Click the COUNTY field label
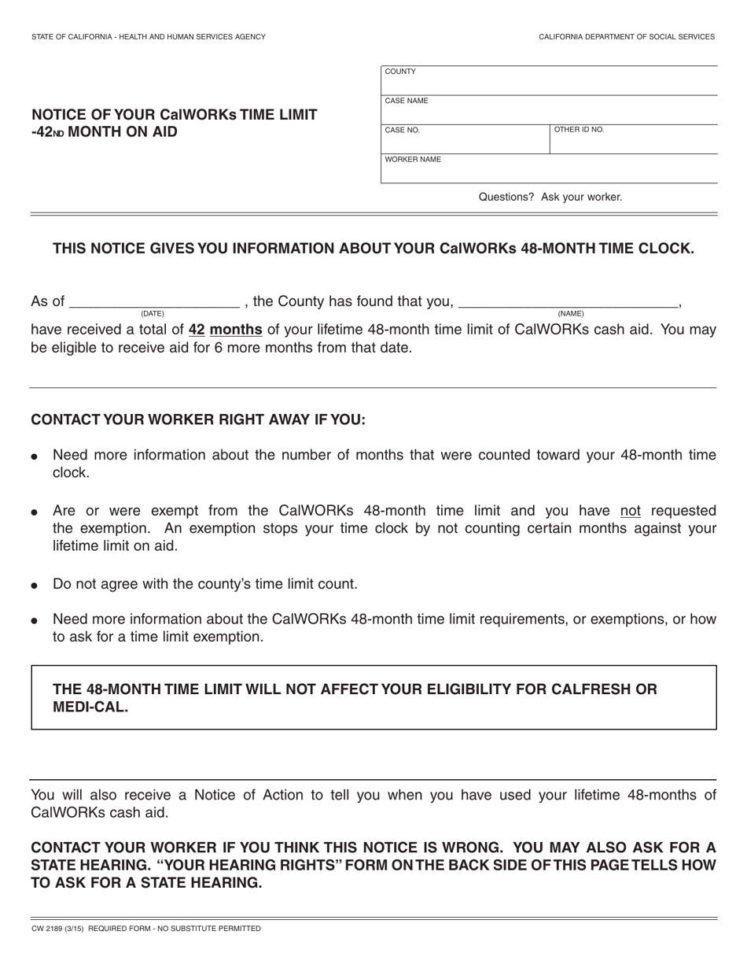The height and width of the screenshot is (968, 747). click(400, 72)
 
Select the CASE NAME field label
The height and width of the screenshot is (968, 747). click(407, 101)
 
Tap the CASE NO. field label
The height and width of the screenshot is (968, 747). click(403, 131)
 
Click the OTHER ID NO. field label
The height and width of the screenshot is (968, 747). click(579, 130)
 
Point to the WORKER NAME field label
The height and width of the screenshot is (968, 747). click(413, 160)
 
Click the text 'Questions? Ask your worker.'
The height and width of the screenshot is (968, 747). click(550, 197)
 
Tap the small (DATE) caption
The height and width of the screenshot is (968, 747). click(153, 314)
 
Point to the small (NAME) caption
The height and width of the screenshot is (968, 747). click(571, 314)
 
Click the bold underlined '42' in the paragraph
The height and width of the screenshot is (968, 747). click(197, 330)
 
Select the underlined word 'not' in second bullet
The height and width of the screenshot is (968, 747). click(630, 511)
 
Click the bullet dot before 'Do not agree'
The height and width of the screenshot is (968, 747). click(35, 586)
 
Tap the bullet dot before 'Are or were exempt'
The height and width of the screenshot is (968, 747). click(35, 512)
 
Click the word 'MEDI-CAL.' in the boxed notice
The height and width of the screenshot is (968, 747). click(90, 707)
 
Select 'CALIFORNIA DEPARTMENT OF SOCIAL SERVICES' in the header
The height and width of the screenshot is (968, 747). click(627, 37)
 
